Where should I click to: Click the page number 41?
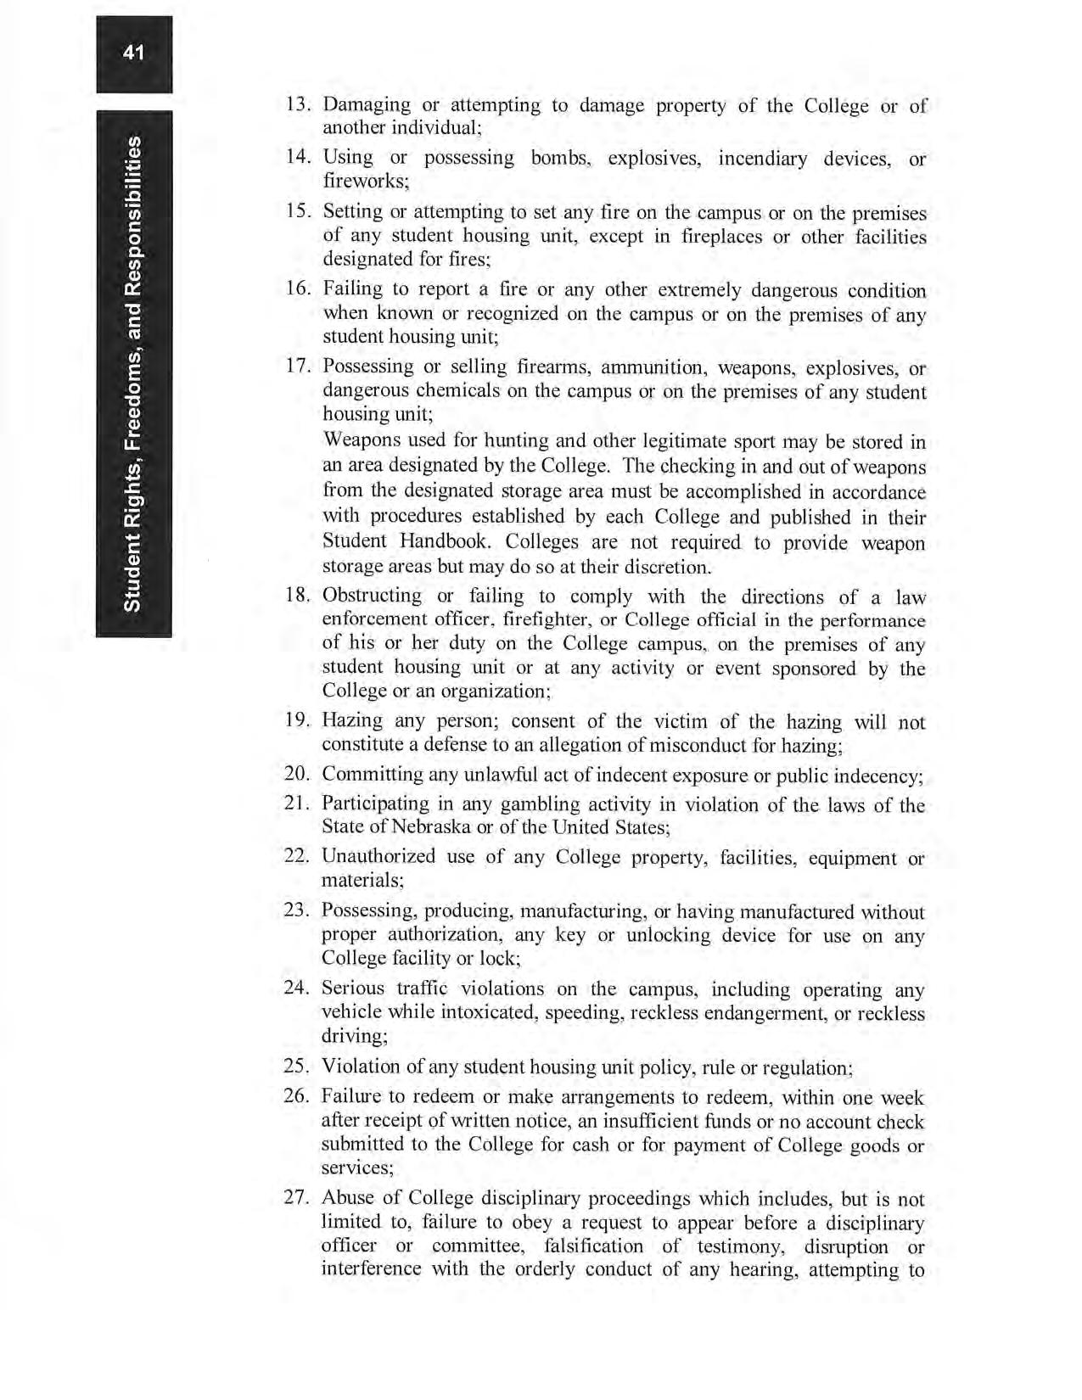[x=133, y=53]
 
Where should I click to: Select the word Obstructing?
[x=372, y=596]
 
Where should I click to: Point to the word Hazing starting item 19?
[x=352, y=722]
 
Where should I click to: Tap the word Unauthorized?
[x=378, y=857]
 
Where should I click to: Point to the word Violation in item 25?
[x=361, y=1067]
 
